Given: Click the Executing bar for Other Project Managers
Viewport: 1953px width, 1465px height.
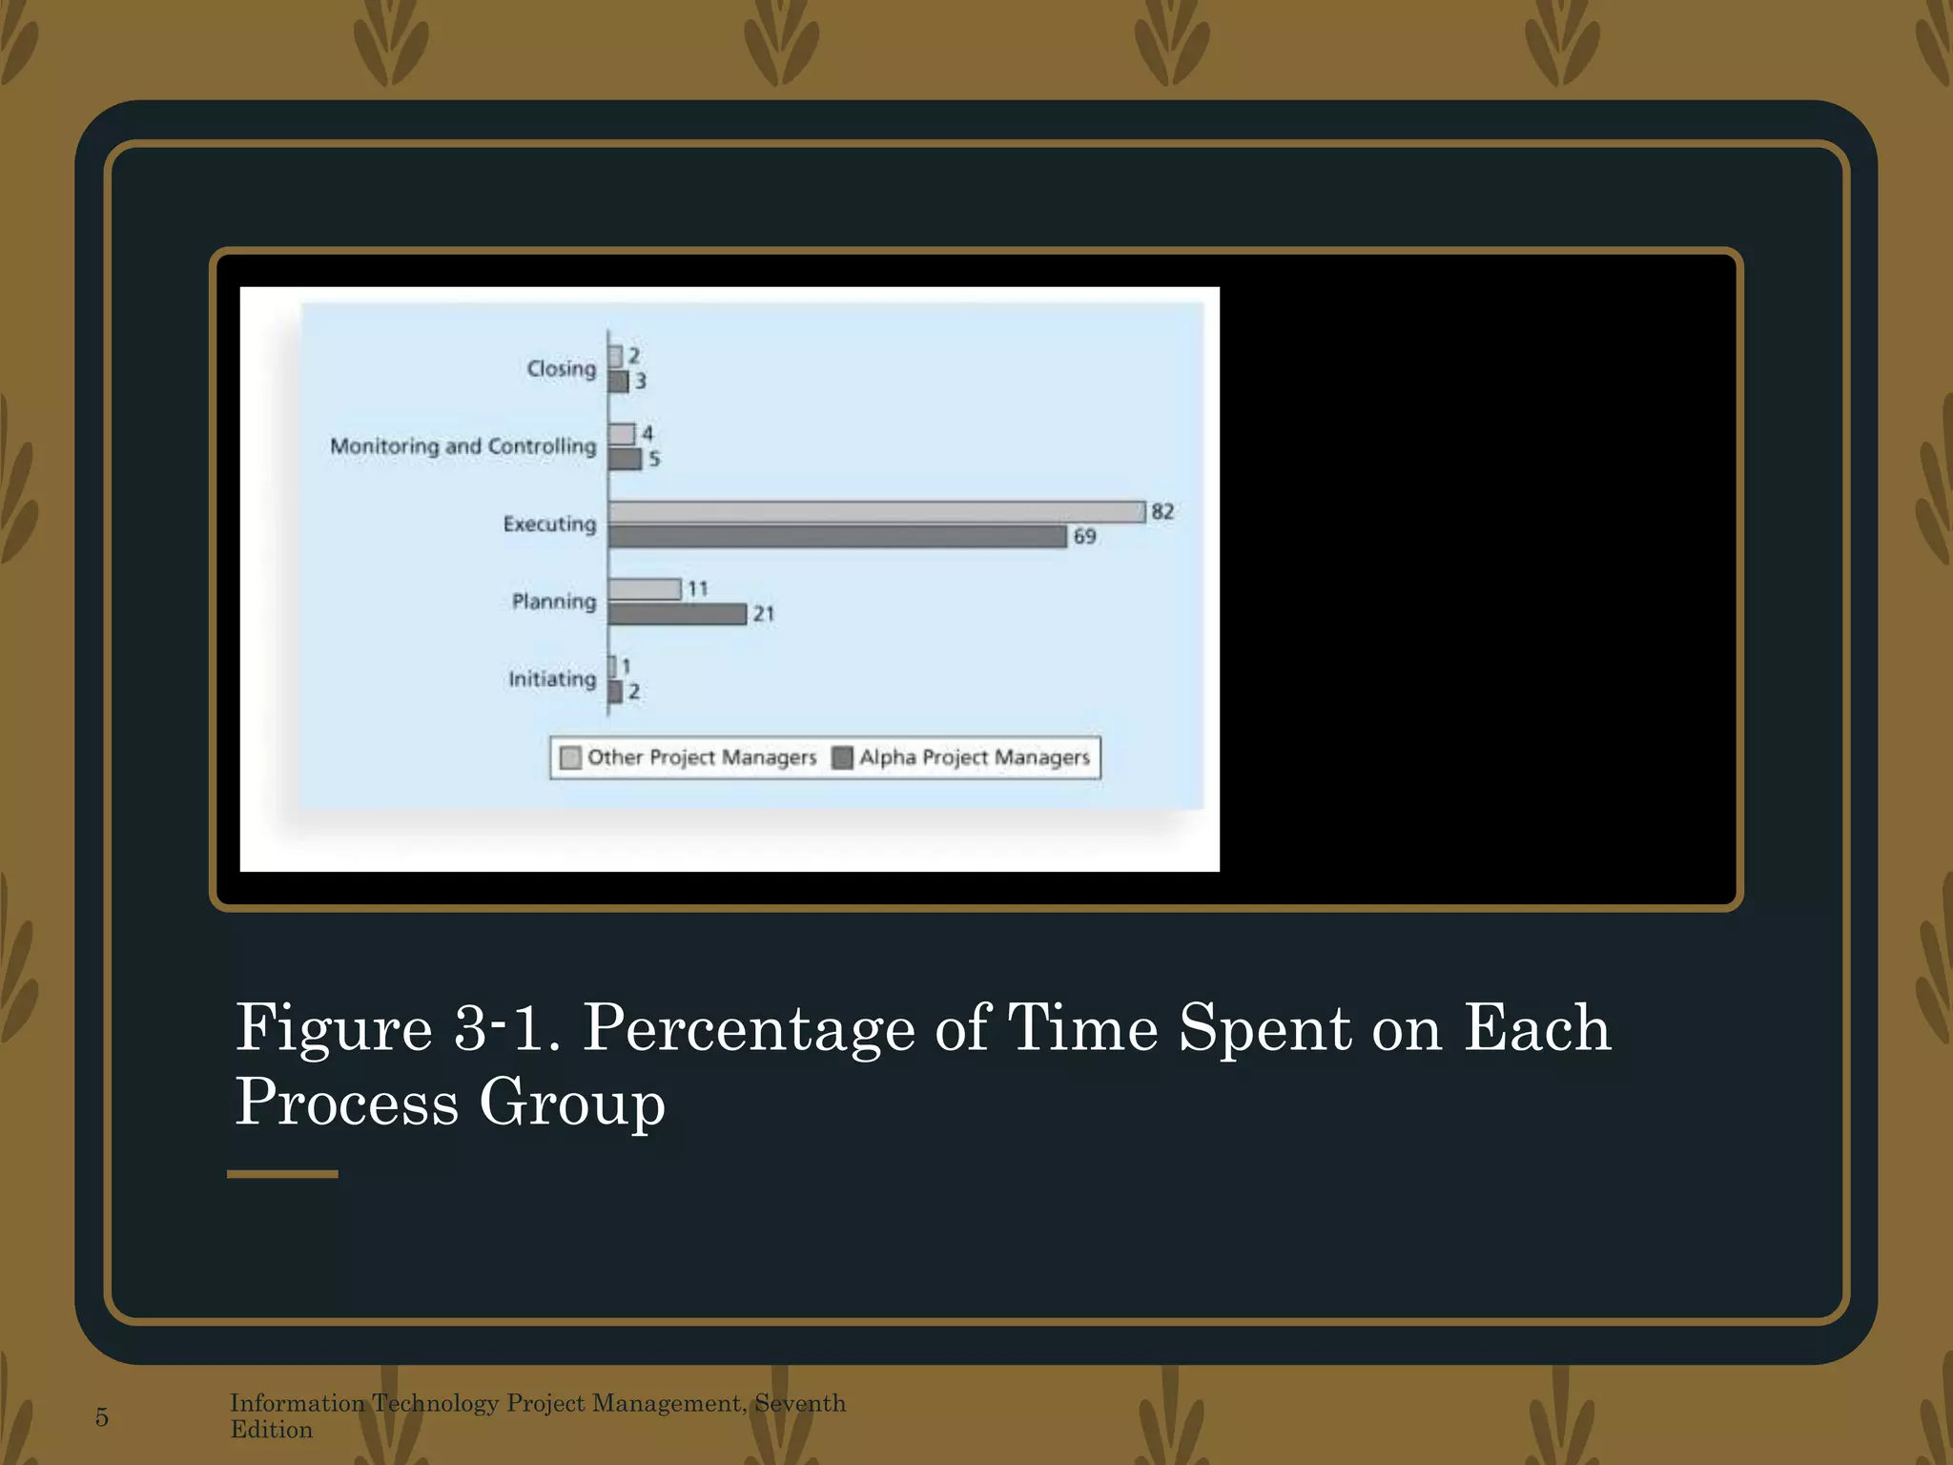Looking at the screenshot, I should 876,512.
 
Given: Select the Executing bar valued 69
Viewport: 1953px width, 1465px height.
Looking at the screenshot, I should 837,537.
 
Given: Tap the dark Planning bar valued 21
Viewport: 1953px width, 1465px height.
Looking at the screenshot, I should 677,614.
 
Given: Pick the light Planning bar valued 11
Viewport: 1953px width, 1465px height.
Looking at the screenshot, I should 645,589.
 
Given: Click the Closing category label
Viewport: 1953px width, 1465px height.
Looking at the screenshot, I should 561,368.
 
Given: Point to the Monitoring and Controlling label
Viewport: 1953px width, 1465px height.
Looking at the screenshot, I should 463,446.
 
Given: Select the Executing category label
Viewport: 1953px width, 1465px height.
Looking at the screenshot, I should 549,524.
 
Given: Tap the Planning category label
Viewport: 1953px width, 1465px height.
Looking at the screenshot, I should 553,601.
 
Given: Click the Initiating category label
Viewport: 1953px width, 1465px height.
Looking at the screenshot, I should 551,679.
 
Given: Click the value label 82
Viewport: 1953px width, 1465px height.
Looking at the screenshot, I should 1162,511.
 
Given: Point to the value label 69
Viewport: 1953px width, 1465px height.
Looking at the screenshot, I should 1084,537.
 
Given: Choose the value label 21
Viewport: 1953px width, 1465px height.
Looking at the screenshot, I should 764,614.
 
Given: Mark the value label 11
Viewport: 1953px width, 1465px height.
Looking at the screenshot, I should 698,588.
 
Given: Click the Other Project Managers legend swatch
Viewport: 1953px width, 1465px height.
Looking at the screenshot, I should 570,758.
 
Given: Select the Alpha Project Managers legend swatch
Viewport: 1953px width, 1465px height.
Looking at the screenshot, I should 842,758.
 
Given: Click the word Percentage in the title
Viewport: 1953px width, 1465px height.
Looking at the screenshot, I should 748,1028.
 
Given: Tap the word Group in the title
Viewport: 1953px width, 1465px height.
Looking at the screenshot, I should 571,1103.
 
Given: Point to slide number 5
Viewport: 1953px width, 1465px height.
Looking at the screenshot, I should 102,1417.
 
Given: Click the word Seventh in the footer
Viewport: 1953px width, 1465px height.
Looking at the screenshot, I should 800,1403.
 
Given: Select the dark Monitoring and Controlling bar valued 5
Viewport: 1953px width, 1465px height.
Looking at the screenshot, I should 625,460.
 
